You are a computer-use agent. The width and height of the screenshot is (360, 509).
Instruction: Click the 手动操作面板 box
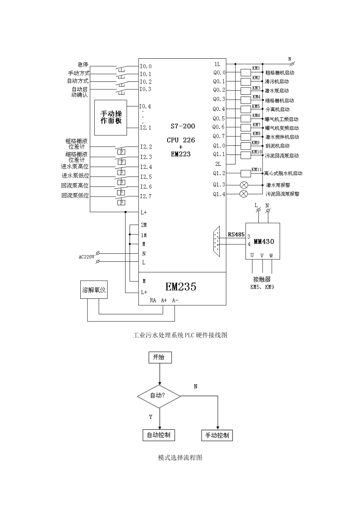(111, 117)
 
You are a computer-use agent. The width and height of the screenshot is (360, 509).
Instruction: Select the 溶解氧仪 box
(94, 290)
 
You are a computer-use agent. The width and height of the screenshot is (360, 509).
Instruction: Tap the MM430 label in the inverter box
(264, 241)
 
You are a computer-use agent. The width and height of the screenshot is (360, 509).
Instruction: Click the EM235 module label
(181, 287)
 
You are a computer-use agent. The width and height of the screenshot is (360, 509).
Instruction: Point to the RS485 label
(236, 234)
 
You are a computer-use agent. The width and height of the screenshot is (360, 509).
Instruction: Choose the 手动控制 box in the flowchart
(217, 436)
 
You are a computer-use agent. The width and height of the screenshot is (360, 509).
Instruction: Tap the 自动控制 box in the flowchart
(159, 435)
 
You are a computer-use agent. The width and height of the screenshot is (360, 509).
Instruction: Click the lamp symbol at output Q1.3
(244, 185)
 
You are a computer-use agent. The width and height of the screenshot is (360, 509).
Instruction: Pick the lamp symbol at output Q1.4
(244, 194)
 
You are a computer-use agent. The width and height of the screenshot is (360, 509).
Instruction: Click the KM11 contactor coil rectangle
(246, 173)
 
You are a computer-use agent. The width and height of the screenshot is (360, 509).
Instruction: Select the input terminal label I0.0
(146, 66)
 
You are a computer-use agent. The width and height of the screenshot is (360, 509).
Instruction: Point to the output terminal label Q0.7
(219, 136)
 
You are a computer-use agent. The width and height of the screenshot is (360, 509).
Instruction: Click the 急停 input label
(83, 65)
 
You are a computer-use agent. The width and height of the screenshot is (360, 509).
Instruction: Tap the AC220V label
(86, 257)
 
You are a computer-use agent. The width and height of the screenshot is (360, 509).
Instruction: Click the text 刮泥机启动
(277, 146)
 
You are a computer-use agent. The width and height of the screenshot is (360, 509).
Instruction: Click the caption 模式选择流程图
(180, 457)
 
